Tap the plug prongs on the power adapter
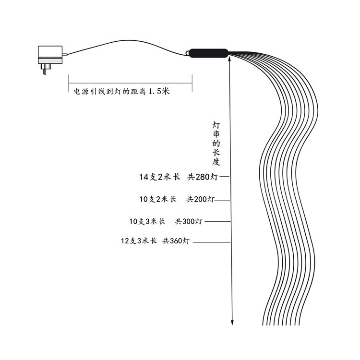coord(45,70)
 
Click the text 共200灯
coord(200,199)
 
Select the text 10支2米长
coord(157,199)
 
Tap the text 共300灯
coord(189,221)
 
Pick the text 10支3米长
coord(147,221)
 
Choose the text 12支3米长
coord(139,241)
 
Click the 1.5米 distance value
coord(159,91)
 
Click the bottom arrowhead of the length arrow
coord(232,322)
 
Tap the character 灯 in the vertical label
coord(216,125)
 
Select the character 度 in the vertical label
coord(216,162)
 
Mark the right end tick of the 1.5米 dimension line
coord(192,82)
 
